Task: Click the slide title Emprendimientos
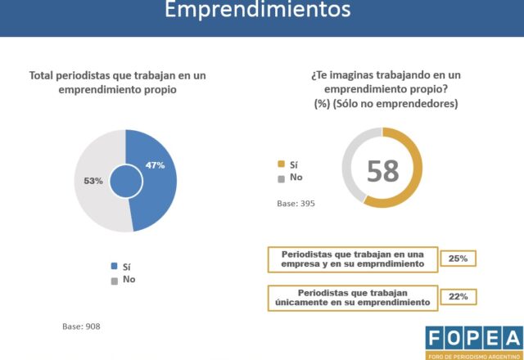pyautogui.click(x=257, y=11)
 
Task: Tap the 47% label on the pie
pyautogui.click(x=156, y=165)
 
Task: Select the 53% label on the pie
pyautogui.click(x=93, y=180)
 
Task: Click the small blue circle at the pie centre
pyautogui.click(x=125, y=180)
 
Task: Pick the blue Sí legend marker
pyautogui.click(x=114, y=266)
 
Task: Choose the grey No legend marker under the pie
pyautogui.click(x=114, y=280)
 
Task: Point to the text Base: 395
pyautogui.click(x=296, y=203)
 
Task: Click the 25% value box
pyautogui.click(x=458, y=259)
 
